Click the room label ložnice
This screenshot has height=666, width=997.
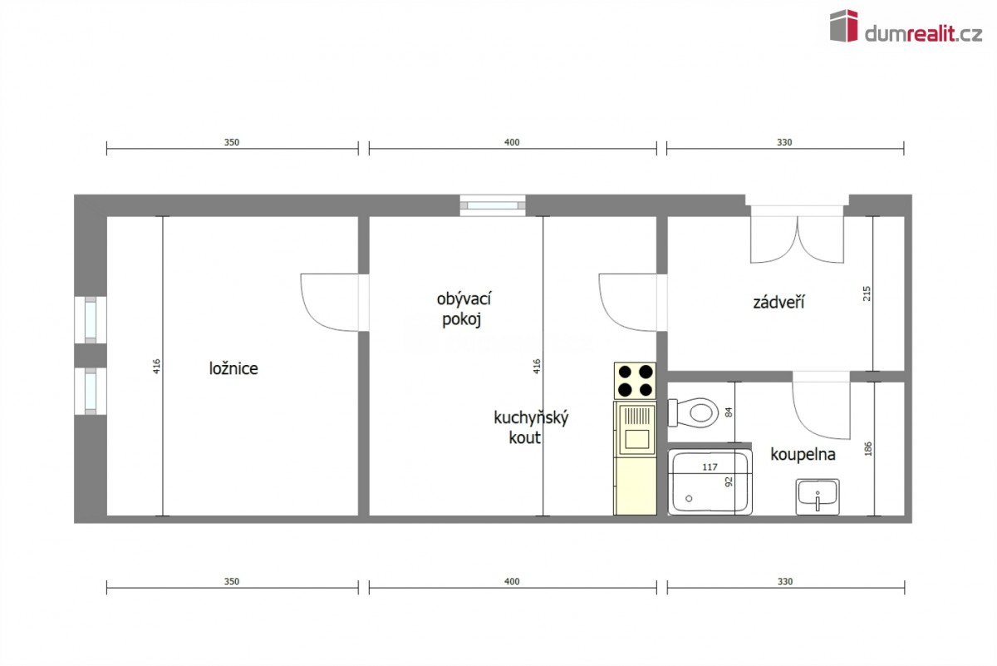coord(233,368)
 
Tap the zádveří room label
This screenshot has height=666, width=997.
coord(778,303)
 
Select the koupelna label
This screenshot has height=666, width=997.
coord(803,455)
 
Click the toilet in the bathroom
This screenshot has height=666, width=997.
coord(694,412)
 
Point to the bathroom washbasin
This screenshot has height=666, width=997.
coord(818,496)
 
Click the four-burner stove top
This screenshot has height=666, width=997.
coord(635,381)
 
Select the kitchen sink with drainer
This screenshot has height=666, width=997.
coord(635,429)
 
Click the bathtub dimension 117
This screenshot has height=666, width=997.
coord(710,467)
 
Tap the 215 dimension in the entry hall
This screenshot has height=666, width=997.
coord(867,294)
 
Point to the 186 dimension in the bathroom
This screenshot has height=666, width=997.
coord(868,449)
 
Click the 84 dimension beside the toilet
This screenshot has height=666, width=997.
coord(729,412)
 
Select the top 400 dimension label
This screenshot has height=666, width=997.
coord(512,142)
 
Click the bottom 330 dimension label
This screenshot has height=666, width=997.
coord(785,581)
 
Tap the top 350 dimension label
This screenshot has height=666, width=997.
coord(232,142)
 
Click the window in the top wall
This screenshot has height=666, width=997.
coord(493,205)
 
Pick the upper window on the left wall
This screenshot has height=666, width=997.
coord(91,320)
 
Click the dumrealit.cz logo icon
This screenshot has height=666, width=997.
coord(843,26)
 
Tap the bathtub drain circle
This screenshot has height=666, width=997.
coord(689,499)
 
